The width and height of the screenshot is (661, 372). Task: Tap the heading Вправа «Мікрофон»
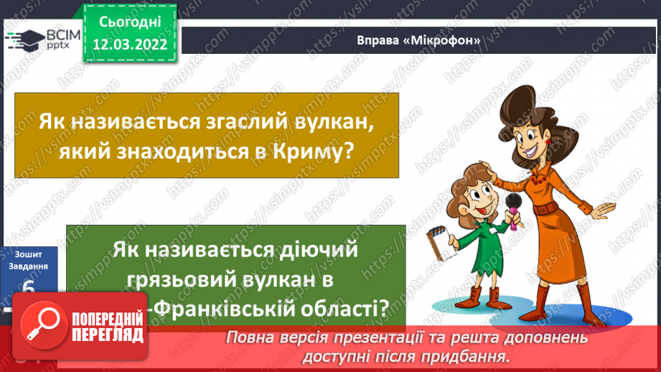coord(418,39)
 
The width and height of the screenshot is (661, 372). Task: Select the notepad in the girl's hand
coord(442,239)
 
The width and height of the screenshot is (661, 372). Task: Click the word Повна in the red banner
coord(251,338)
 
